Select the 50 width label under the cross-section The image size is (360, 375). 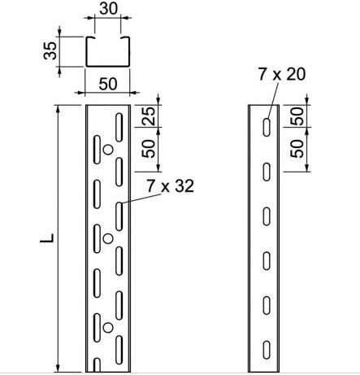106,84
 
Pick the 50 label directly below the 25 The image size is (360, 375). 148,149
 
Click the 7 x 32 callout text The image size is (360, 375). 171,186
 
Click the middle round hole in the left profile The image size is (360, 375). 106,238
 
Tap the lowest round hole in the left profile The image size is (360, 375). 106,327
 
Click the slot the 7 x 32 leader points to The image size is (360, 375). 119,216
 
